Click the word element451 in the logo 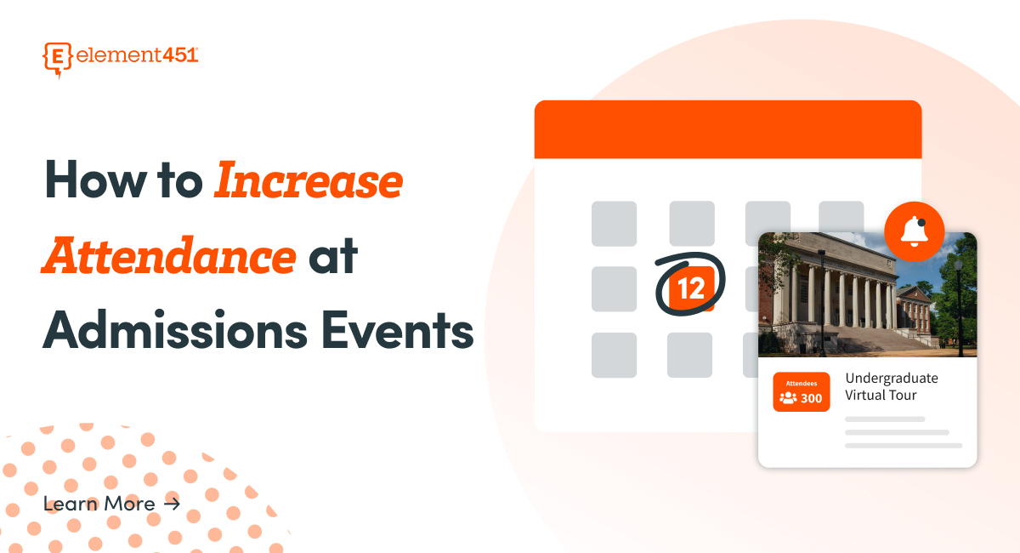(x=137, y=55)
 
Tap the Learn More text (x=99, y=504)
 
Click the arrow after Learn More (x=172, y=504)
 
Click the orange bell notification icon (x=915, y=231)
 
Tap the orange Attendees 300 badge (x=801, y=392)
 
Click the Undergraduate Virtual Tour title (x=891, y=386)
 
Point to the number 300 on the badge (x=811, y=398)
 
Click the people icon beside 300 (x=788, y=398)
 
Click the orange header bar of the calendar (x=728, y=129)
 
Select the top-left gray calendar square (x=614, y=224)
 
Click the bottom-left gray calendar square (x=614, y=355)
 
